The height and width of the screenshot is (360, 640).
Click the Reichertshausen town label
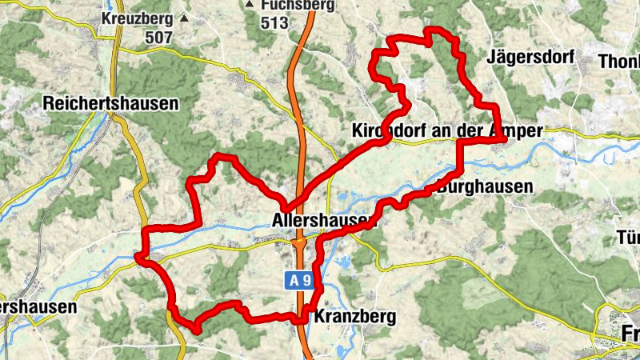(x=110, y=103)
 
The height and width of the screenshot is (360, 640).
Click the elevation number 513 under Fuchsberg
(x=274, y=22)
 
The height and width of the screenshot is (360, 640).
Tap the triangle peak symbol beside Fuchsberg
(x=250, y=5)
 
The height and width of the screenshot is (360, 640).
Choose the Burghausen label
(x=485, y=187)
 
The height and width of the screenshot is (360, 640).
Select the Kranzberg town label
(x=355, y=317)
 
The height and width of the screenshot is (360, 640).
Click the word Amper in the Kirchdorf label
(x=517, y=130)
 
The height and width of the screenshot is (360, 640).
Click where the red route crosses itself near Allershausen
(x=289, y=204)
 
